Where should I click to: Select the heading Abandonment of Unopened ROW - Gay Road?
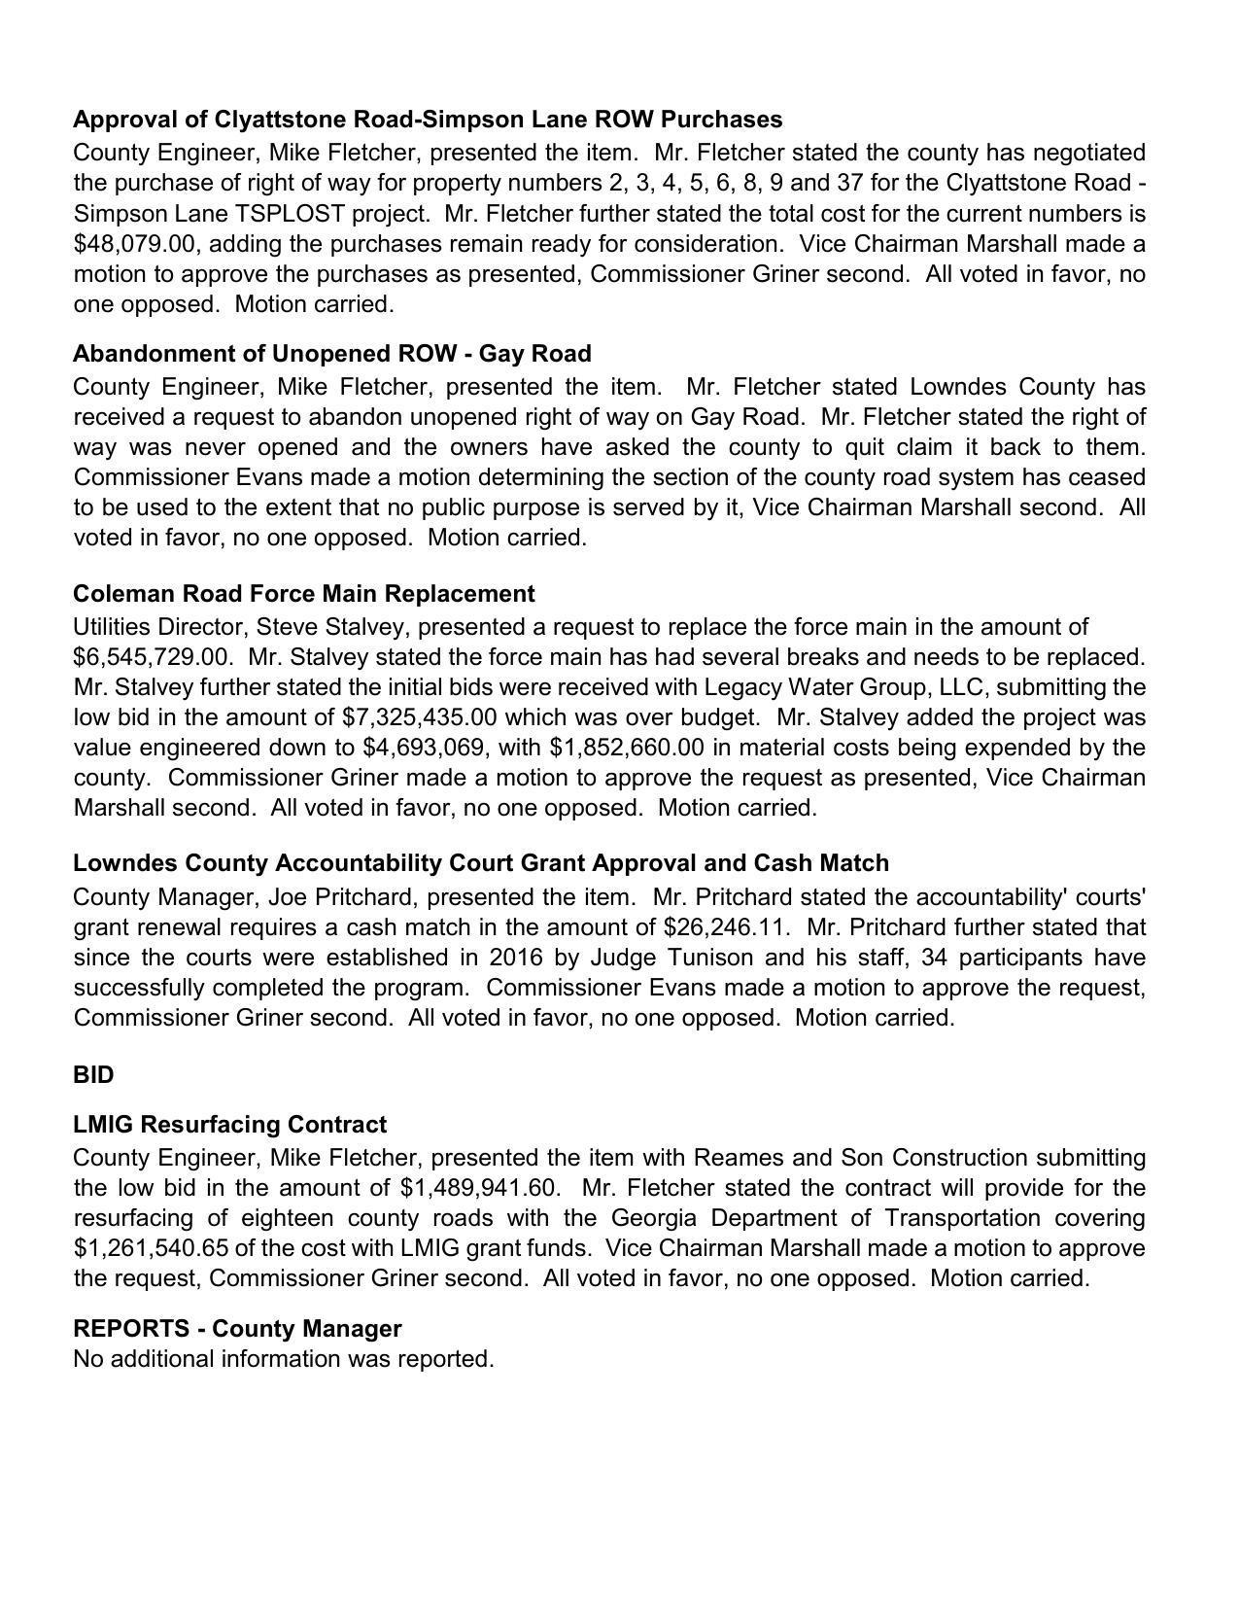[x=332, y=353]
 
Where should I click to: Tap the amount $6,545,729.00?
[x=153, y=657]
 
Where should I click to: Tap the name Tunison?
[x=713, y=958]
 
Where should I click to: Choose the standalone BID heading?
[x=93, y=1075]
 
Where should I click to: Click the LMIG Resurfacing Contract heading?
[x=229, y=1125]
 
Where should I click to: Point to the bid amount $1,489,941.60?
[x=480, y=1188]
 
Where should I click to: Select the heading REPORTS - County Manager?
[x=237, y=1329]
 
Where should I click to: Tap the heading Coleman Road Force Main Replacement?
[x=303, y=594]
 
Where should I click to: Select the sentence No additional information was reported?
[x=284, y=1359]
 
